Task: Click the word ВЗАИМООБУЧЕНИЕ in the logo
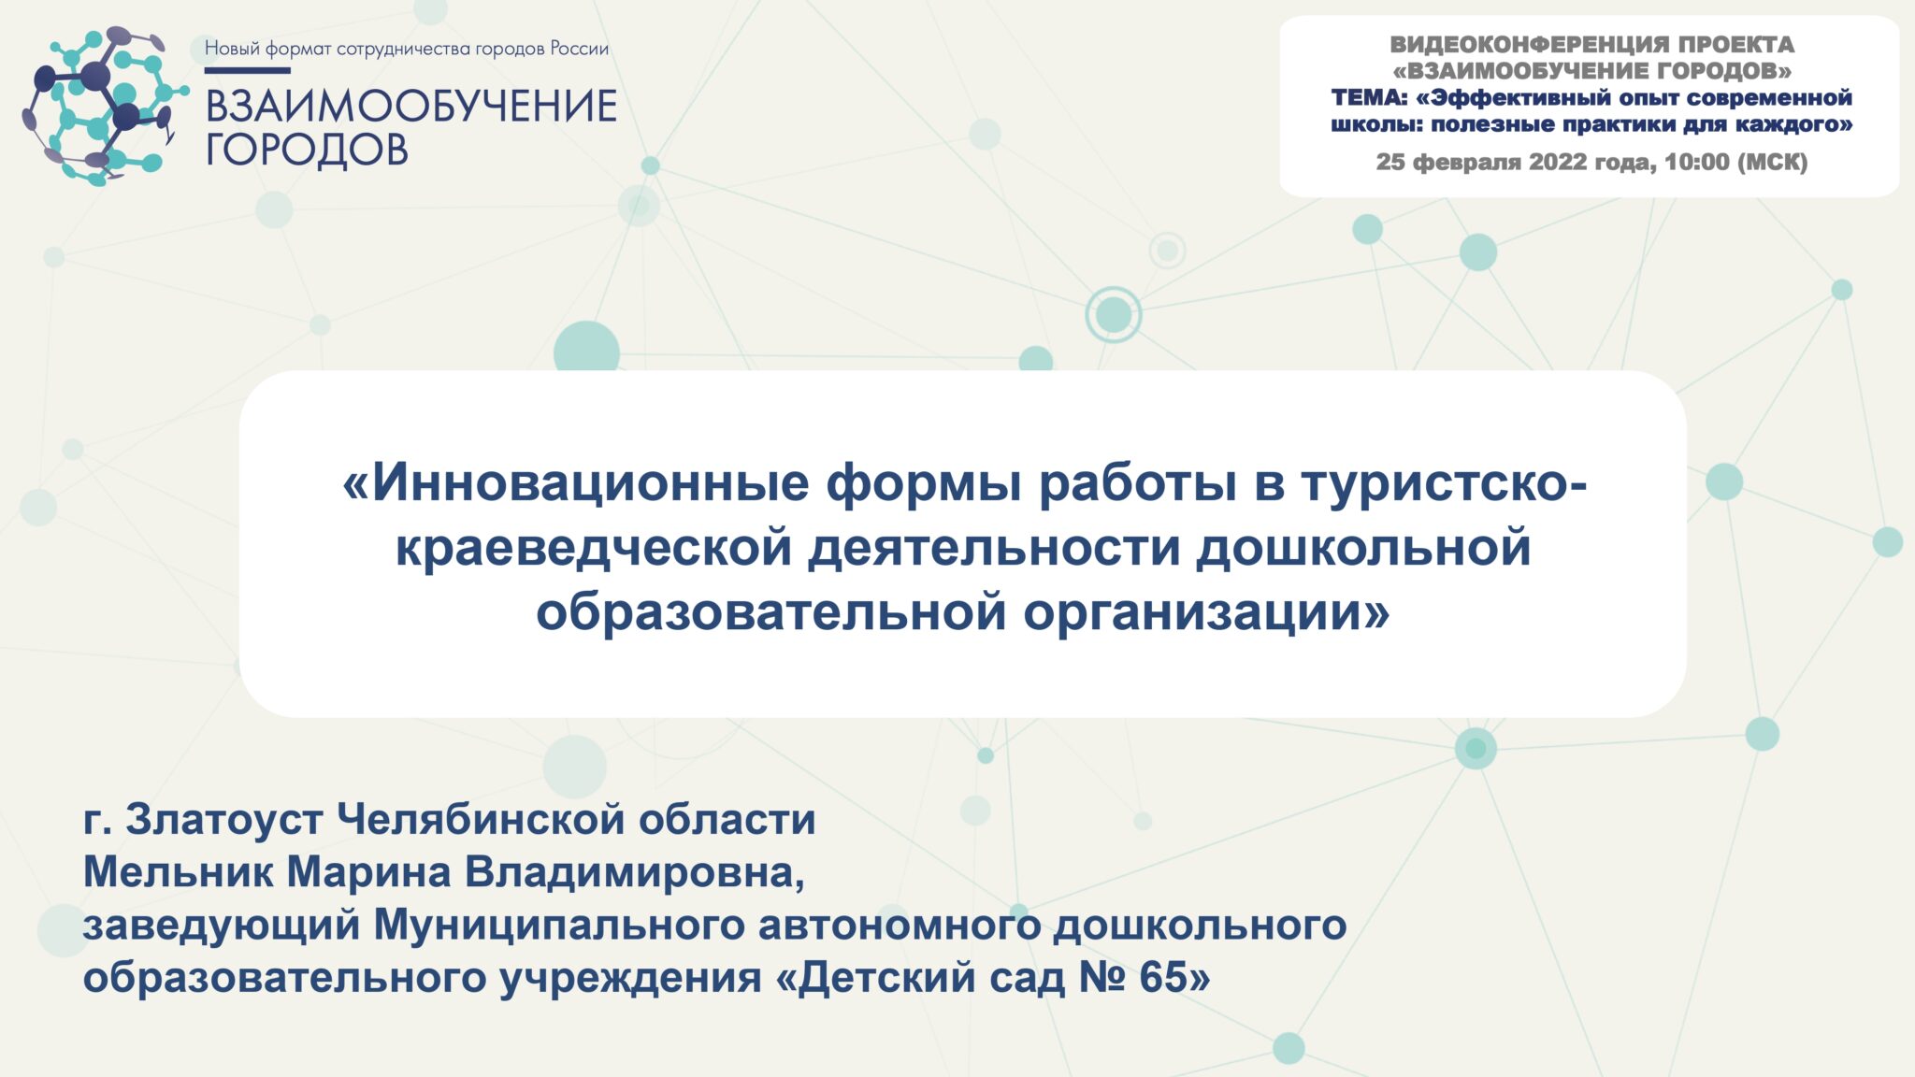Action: tap(411, 107)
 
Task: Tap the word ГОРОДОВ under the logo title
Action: tap(307, 150)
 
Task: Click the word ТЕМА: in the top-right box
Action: tap(1369, 98)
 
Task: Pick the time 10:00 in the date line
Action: tap(1696, 163)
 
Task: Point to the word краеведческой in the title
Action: tap(594, 549)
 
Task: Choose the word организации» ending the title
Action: tap(1206, 613)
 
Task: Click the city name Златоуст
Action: tap(224, 820)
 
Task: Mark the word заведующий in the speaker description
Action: tap(222, 926)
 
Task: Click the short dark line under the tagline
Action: tap(247, 70)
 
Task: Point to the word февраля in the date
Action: tap(1466, 163)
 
